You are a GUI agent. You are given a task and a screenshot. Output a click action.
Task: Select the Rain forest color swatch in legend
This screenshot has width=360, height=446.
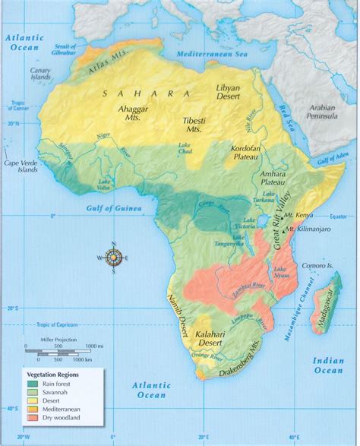click(33, 382)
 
